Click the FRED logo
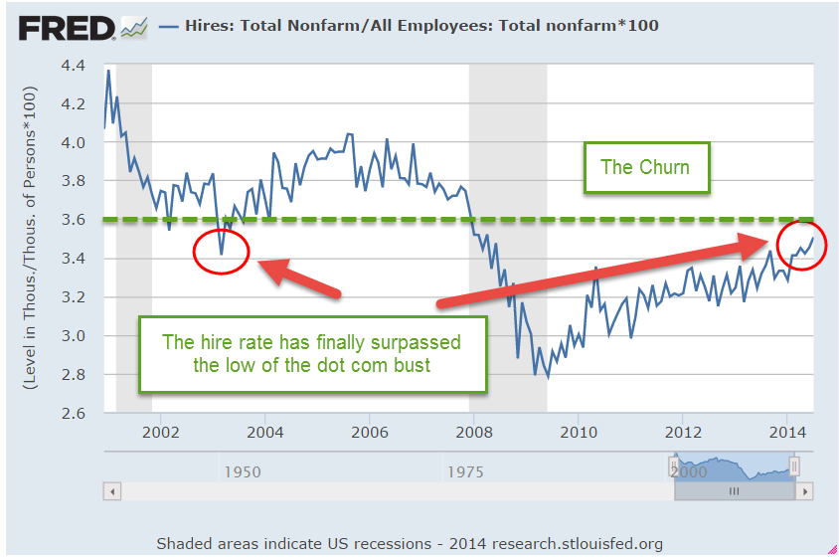pos(68,27)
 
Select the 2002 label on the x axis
pos(160,432)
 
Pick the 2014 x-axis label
pos(786,432)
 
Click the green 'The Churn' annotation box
pos(644,167)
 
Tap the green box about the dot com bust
pos(312,354)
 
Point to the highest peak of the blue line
pos(108,71)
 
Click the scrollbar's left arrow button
pos(112,491)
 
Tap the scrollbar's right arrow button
pos(806,491)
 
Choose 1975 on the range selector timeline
pos(464,471)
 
